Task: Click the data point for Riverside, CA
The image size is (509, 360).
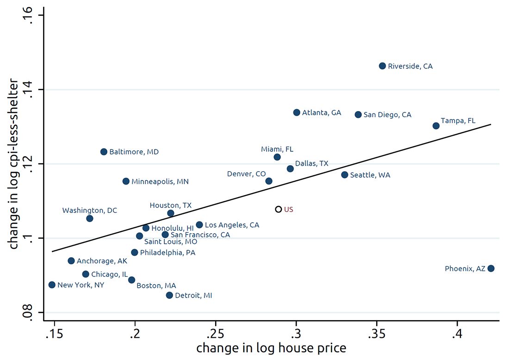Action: point(382,66)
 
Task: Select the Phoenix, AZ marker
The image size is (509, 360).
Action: point(491,268)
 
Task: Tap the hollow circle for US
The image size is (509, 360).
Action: point(279,209)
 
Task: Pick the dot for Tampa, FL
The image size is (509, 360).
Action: point(436,125)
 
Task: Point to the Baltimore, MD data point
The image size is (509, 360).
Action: point(104,152)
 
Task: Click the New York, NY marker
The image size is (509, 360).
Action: point(52,285)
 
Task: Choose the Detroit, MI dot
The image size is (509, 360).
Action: point(169,295)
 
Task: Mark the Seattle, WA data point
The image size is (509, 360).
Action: point(344,174)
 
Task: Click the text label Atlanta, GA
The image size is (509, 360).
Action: point(322,112)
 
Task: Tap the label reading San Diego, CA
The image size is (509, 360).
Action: point(387,115)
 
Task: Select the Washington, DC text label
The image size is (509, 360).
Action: point(90,211)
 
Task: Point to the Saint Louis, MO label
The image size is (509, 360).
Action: point(171,242)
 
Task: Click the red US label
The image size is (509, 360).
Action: point(289,210)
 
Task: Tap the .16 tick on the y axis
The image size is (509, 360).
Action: point(29,15)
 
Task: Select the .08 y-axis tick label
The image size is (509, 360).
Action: point(29,312)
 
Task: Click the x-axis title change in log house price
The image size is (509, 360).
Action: point(271,348)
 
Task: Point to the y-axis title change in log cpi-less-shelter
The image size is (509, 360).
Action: point(14,164)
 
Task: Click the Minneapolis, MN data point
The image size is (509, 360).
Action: point(126,181)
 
